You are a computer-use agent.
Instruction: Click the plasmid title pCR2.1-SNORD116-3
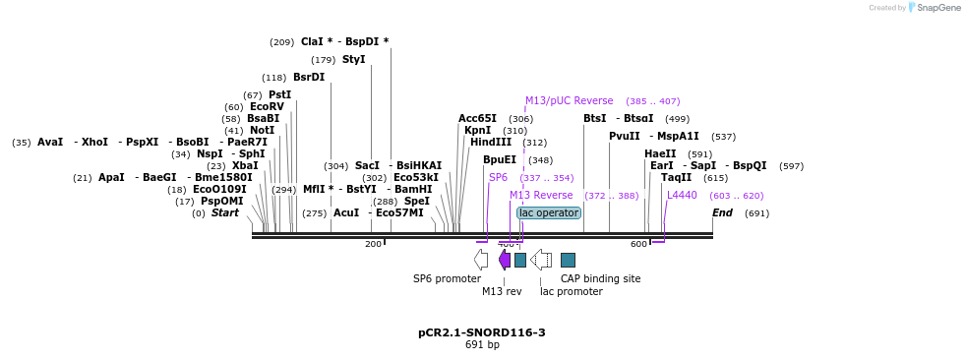(481, 332)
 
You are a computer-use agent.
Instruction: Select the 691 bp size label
(481, 345)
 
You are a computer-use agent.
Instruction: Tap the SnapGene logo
(929, 8)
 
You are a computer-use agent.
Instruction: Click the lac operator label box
(549, 212)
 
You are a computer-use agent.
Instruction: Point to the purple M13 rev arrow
(505, 260)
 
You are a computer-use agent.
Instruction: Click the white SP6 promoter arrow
(480, 260)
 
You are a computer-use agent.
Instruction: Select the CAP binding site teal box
(568, 260)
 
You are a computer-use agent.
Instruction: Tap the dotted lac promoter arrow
(541, 260)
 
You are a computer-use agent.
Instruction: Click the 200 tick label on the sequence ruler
(373, 244)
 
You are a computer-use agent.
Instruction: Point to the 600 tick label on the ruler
(638, 244)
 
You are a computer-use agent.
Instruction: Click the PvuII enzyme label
(624, 137)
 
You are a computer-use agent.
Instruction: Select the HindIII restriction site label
(490, 143)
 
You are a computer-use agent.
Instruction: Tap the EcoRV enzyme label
(267, 107)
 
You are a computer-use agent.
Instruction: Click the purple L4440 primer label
(682, 196)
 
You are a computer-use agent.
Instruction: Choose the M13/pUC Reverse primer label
(569, 101)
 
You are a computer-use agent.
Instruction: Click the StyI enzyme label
(353, 60)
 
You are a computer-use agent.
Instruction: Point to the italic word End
(722, 213)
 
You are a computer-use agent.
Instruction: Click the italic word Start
(224, 213)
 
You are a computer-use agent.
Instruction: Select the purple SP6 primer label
(498, 178)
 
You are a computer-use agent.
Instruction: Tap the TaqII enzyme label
(676, 178)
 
